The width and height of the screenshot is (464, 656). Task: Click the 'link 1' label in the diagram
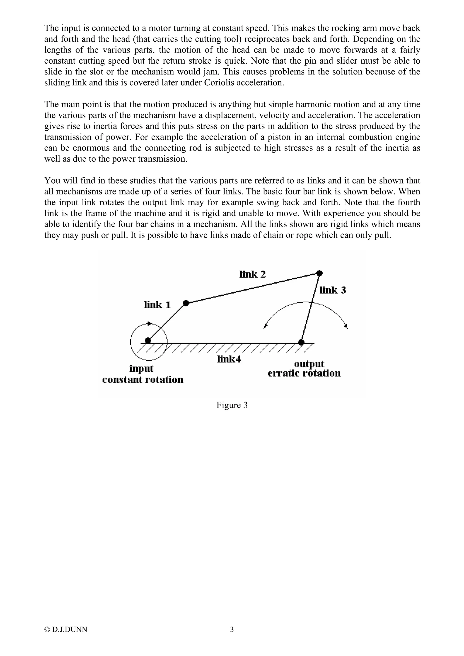[157, 305]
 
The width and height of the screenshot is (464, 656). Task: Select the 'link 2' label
[253, 275]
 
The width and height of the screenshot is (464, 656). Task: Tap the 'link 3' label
[333, 290]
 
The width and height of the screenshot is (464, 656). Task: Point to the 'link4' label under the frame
[229, 359]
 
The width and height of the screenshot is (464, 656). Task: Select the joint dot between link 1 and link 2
[186, 303]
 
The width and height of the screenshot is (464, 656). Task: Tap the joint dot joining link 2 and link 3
[320, 273]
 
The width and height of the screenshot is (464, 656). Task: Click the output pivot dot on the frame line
[301, 342]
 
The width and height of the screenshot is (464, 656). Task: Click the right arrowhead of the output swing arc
[346, 326]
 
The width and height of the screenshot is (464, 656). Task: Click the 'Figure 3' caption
[232, 405]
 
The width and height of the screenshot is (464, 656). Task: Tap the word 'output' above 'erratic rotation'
[309, 364]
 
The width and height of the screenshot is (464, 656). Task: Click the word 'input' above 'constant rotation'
[141, 369]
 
